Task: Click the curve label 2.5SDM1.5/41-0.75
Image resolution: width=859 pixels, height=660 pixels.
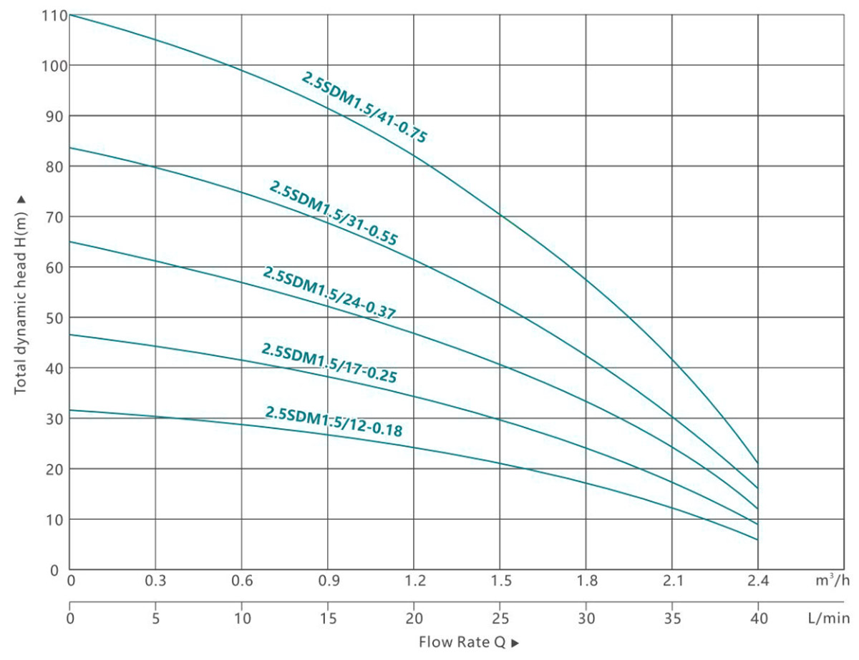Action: tap(364, 107)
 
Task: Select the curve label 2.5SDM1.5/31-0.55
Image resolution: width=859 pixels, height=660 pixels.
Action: tap(333, 213)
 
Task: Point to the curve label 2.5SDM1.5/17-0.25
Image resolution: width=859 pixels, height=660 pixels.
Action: tap(329, 363)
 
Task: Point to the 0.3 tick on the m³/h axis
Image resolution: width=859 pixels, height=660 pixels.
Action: tap(155, 581)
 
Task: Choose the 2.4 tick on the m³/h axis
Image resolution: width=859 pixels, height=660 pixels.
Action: tap(757, 581)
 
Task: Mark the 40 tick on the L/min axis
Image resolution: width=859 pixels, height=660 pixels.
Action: tap(757, 616)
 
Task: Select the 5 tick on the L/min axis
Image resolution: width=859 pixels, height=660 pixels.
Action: tap(155, 616)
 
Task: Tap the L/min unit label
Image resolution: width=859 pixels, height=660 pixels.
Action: tap(831, 616)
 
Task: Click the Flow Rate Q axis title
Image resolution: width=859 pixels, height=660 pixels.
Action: tap(469, 641)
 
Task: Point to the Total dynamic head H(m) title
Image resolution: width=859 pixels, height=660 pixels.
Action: tap(20, 293)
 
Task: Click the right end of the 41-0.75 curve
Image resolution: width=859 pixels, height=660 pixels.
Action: tap(757, 463)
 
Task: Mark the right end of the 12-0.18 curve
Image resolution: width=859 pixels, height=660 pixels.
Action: tap(757, 540)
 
